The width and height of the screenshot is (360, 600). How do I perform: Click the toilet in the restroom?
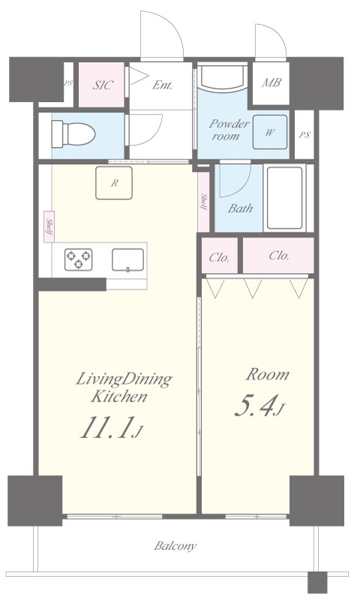click(73, 134)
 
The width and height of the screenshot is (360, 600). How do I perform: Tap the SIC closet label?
click(103, 85)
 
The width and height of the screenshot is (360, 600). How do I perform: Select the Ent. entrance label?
click(162, 85)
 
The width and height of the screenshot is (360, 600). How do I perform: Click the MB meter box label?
click(271, 82)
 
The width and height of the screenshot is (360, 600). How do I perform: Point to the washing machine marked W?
click(270, 132)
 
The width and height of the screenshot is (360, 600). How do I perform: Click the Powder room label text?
click(229, 130)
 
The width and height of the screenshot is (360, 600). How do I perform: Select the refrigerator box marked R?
click(114, 183)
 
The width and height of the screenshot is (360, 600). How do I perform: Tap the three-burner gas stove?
click(79, 259)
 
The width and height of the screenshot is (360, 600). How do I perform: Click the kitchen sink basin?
click(127, 259)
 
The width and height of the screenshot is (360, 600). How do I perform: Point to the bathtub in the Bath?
click(285, 198)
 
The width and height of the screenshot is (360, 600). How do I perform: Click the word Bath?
click(240, 208)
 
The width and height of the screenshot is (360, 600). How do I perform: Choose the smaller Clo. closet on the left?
click(220, 256)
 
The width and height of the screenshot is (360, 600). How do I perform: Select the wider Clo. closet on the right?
click(278, 256)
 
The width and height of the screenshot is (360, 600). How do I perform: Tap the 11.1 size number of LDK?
click(106, 427)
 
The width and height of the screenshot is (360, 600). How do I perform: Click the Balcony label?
click(175, 546)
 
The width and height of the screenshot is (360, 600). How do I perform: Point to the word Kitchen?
click(119, 397)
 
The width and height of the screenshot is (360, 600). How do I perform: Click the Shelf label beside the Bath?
click(203, 202)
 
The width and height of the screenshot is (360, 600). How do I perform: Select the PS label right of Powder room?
click(304, 135)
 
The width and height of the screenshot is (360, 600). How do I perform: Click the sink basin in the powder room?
click(222, 76)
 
